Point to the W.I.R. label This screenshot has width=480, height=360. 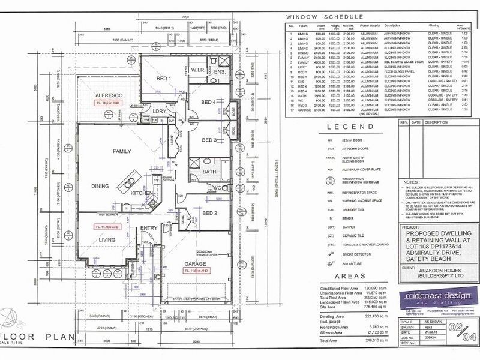[199, 70]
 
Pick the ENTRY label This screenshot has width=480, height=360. [148, 229]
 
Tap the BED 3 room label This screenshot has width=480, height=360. [209, 140]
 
